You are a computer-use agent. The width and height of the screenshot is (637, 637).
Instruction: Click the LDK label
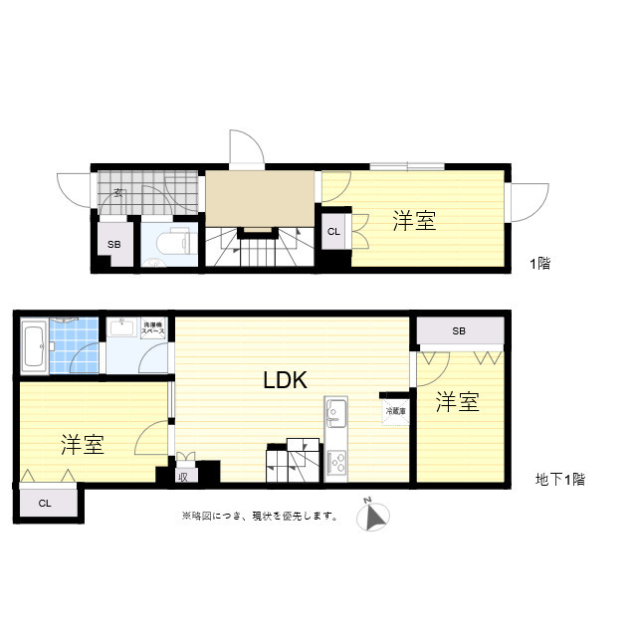pyautogui.click(x=285, y=379)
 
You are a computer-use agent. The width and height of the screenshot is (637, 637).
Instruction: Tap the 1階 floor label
pyautogui.click(x=539, y=264)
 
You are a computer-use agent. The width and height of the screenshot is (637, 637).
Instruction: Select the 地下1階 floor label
pyautogui.click(x=559, y=480)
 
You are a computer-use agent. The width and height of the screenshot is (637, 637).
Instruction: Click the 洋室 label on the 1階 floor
pyautogui.click(x=413, y=221)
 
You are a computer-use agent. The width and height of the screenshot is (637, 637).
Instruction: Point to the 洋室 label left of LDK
pyautogui.click(x=82, y=444)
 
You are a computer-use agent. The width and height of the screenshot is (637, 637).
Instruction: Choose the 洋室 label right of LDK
pyautogui.click(x=458, y=402)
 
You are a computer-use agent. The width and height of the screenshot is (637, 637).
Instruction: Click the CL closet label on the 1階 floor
pyautogui.click(x=333, y=232)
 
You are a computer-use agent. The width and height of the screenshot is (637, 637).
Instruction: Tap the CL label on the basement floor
pyautogui.click(x=45, y=504)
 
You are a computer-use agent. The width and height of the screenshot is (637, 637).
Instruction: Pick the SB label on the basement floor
pyautogui.click(x=459, y=331)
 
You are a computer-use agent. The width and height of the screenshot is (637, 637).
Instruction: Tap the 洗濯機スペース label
pyautogui.click(x=152, y=326)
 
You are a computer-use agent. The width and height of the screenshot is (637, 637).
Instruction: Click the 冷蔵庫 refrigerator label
pyautogui.click(x=395, y=409)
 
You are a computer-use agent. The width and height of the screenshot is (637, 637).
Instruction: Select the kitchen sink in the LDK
pyautogui.click(x=335, y=410)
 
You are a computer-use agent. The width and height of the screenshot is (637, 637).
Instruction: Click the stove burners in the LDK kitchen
pyautogui.click(x=336, y=461)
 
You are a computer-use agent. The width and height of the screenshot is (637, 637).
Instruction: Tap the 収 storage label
pyautogui.click(x=183, y=476)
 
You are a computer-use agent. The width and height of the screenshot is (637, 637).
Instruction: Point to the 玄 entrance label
pyautogui.click(x=117, y=193)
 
